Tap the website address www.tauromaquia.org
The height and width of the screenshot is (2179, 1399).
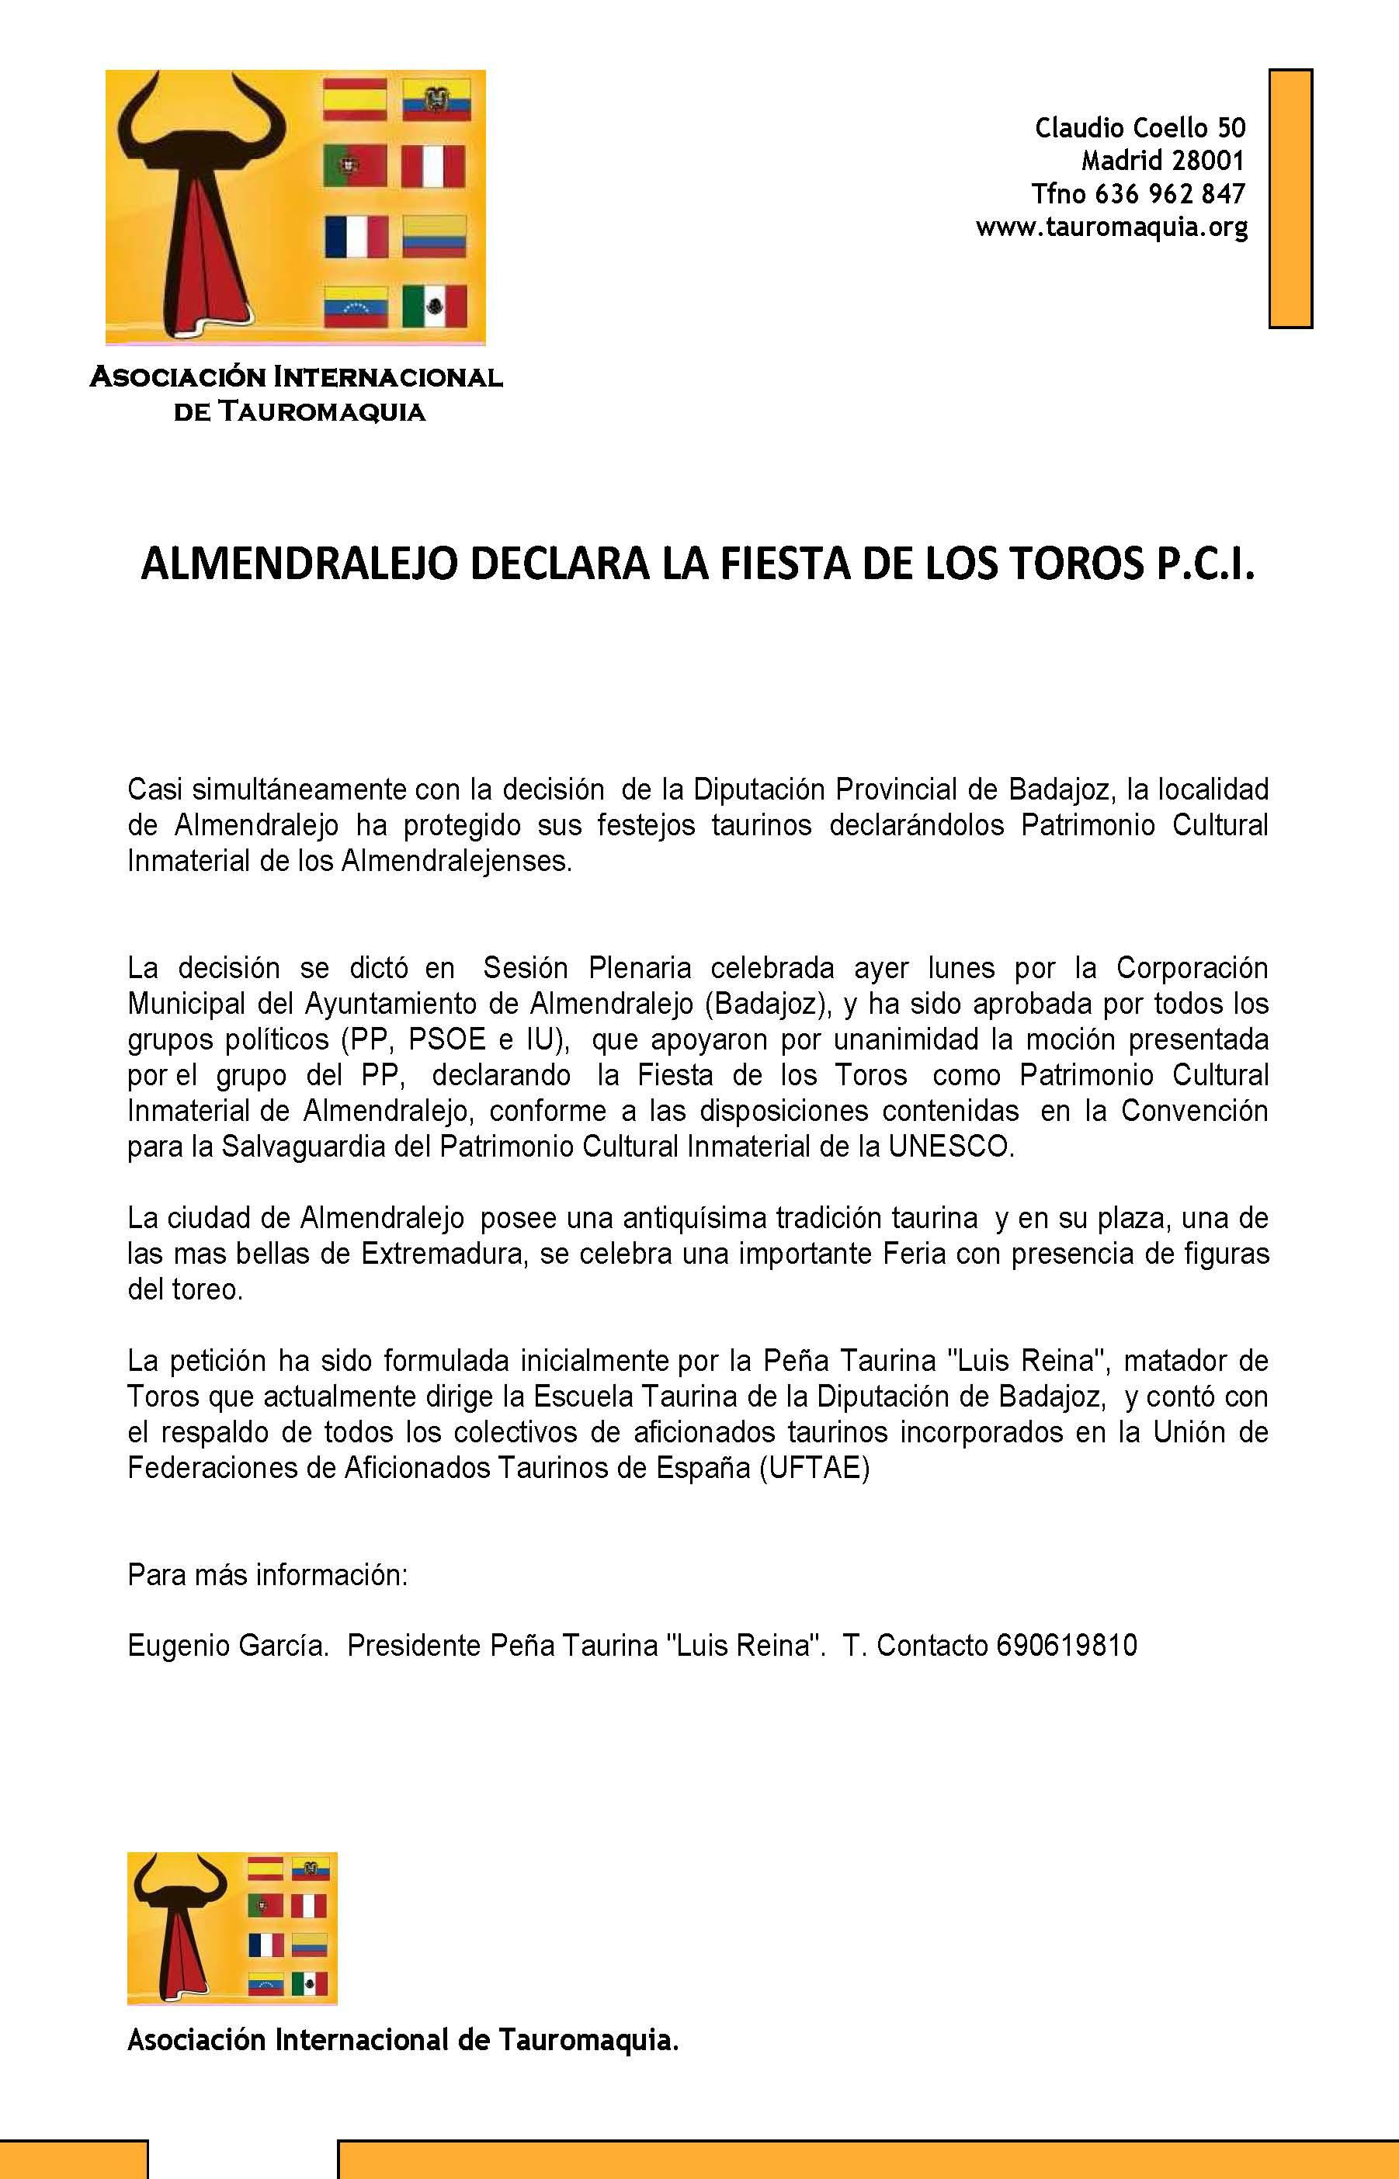point(1111,227)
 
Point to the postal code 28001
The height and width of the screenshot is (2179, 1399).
point(1207,161)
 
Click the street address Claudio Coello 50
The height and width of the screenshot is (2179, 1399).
point(1140,128)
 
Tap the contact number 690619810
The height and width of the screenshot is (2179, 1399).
point(1067,1646)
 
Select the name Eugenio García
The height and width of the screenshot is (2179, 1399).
point(227,1646)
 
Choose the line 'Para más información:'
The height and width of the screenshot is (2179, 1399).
point(268,1575)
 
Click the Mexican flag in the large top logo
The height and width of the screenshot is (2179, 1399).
point(434,307)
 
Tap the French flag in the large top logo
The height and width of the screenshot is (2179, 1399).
point(356,237)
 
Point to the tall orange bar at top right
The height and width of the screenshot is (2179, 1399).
point(1290,198)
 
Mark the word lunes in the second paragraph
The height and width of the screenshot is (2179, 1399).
point(961,968)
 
